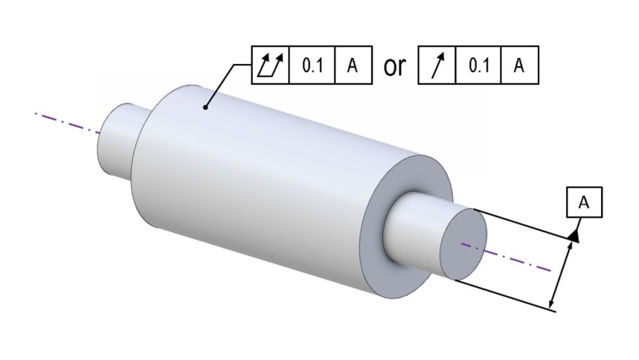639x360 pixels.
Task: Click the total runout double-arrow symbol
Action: click(270, 65)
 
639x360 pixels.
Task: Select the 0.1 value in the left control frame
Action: click(312, 66)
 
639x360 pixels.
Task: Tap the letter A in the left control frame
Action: click(352, 66)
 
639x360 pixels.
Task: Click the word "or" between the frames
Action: click(394, 67)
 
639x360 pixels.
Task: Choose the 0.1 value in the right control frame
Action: click(479, 66)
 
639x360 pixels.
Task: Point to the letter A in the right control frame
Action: click(519, 66)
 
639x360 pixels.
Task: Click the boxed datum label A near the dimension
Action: click(584, 203)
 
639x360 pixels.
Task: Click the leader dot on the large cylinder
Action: click(206, 108)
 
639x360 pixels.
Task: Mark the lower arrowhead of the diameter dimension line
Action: click(553, 301)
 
